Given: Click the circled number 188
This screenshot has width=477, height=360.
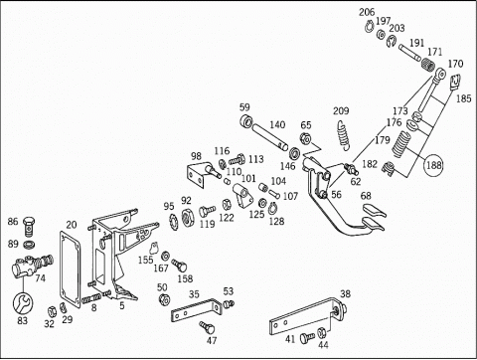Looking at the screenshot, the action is pyautogui.click(x=434, y=165).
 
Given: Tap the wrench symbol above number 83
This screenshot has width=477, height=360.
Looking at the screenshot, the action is pyautogui.click(x=23, y=303).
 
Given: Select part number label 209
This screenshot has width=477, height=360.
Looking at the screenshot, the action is pyautogui.click(x=341, y=110).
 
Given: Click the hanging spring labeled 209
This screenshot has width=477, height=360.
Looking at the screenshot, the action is pyautogui.click(x=343, y=135).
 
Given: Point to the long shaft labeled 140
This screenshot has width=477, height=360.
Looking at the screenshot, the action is pyautogui.click(x=270, y=136).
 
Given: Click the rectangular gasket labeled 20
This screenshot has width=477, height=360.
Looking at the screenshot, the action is pyautogui.click(x=70, y=270).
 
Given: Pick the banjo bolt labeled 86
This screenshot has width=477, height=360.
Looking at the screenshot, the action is pyautogui.click(x=29, y=227).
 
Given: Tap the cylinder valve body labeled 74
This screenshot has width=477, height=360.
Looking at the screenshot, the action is pyautogui.click(x=33, y=266).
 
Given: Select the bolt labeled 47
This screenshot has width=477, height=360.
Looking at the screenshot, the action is pyautogui.click(x=207, y=327).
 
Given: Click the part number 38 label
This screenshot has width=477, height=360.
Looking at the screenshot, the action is pyautogui.click(x=345, y=293).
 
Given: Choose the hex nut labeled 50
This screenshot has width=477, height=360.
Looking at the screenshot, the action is pyautogui.click(x=164, y=299).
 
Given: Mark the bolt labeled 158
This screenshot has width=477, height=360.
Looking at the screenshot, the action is pyautogui.click(x=179, y=266).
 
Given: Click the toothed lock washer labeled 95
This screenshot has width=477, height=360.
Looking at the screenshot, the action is pyautogui.click(x=174, y=221).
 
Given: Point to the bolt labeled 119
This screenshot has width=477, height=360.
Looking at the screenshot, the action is pyautogui.click(x=207, y=211).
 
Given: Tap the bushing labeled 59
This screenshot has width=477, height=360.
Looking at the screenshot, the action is pyautogui.click(x=246, y=121).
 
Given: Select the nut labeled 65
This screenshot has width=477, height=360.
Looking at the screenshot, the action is pyautogui.click(x=304, y=138).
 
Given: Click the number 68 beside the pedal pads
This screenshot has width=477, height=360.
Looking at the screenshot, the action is pyautogui.click(x=366, y=196).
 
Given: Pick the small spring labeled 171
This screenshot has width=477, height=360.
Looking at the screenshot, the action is pyautogui.click(x=428, y=64).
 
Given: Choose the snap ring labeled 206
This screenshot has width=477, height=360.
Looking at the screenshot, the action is pyautogui.click(x=370, y=26).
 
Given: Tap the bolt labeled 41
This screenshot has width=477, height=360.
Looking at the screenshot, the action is pyautogui.click(x=307, y=338).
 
